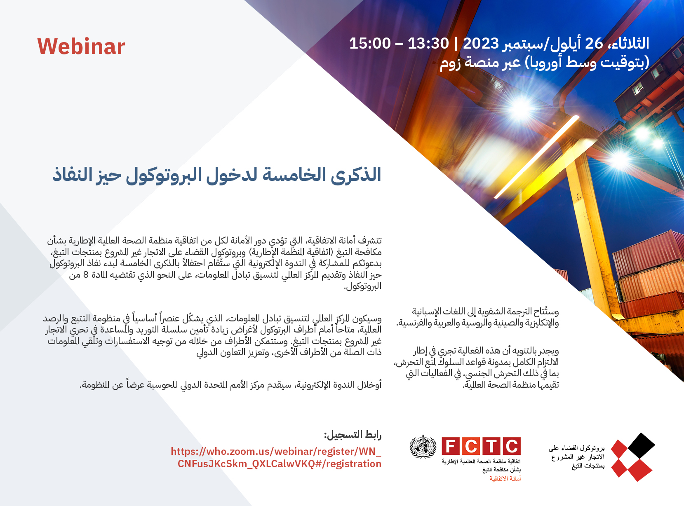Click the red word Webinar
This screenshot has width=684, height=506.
(x=81, y=47)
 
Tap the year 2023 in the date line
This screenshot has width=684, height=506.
(x=481, y=44)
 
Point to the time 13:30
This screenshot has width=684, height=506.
(x=428, y=44)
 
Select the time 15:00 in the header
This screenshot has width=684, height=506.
(x=370, y=44)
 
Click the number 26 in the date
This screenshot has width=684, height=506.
(x=594, y=44)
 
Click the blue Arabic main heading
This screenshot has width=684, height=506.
(x=217, y=175)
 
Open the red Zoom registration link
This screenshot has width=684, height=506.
(x=276, y=458)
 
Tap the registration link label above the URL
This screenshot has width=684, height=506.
(x=353, y=435)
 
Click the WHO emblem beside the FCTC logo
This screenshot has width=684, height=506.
(x=423, y=447)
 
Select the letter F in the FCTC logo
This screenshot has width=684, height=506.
(x=451, y=446)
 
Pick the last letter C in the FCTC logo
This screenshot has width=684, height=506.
(x=512, y=446)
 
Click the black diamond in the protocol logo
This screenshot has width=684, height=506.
(x=642, y=445)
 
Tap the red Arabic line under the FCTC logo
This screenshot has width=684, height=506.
(x=505, y=478)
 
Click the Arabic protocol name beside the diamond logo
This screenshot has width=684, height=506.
(x=577, y=457)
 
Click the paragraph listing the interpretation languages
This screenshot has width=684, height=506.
(x=477, y=317)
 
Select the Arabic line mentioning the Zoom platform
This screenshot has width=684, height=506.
(x=545, y=63)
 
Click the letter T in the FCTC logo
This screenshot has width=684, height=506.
(x=491, y=446)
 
